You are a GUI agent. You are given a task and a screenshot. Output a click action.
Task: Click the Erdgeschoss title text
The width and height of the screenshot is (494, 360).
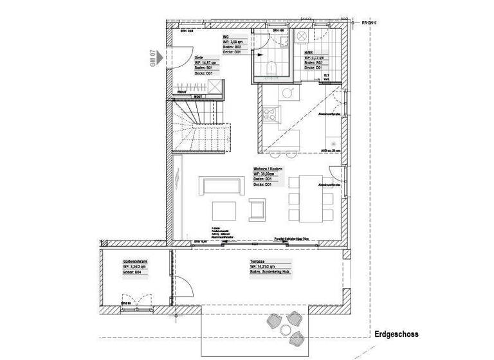[396, 334]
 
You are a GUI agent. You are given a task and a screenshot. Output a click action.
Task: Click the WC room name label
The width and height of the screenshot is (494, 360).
[226, 37]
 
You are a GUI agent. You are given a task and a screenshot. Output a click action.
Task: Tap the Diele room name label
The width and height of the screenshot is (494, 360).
[199, 57]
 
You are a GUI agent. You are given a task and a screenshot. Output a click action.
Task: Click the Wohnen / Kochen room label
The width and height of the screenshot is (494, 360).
[268, 168]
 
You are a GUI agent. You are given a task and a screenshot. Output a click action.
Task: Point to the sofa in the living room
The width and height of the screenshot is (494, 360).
[221, 185]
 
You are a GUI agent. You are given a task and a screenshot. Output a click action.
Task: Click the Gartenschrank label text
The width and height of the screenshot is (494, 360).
[136, 262]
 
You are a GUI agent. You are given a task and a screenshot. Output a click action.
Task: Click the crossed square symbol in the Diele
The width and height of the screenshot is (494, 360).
[214, 87]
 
